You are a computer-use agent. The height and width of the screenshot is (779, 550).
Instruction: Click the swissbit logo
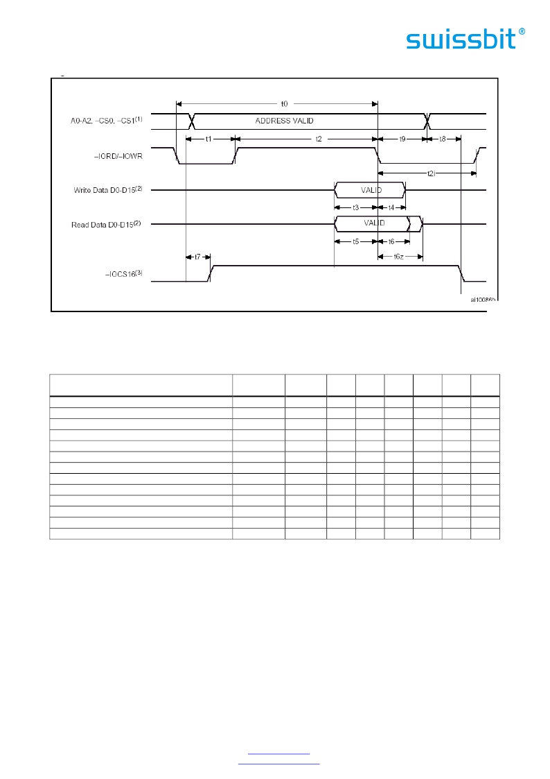(x=465, y=39)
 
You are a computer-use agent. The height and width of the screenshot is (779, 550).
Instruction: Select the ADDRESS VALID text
(x=284, y=121)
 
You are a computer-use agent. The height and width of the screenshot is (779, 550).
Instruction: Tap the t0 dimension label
(x=284, y=104)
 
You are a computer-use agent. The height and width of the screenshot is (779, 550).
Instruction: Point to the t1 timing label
(x=209, y=139)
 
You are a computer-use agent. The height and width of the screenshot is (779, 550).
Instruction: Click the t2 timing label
(x=319, y=139)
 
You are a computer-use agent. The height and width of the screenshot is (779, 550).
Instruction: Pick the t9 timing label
(x=402, y=139)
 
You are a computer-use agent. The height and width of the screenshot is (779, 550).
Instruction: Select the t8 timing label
(x=443, y=139)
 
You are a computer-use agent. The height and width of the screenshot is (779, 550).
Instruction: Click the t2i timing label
(x=431, y=173)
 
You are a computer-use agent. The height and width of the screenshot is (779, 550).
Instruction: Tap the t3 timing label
(x=355, y=207)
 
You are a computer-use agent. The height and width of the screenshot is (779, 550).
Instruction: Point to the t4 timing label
(x=391, y=207)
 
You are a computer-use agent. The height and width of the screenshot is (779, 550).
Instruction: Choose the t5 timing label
(x=355, y=242)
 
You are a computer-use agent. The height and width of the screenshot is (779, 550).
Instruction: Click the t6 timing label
(x=391, y=242)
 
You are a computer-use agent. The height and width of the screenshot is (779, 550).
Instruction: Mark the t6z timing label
(x=399, y=257)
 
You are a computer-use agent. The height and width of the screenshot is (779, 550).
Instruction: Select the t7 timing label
(x=197, y=257)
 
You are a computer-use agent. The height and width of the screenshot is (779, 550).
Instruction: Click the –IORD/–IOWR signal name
(x=118, y=156)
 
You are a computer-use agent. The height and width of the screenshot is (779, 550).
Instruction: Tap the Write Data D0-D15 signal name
(x=108, y=190)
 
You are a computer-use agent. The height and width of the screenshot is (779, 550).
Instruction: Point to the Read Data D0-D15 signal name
(x=106, y=225)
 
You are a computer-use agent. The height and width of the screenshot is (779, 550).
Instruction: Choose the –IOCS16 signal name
(x=124, y=274)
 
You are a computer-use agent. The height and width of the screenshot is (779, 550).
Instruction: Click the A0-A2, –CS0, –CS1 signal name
(x=107, y=121)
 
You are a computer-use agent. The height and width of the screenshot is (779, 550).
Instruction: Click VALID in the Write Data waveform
(x=371, y=190)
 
